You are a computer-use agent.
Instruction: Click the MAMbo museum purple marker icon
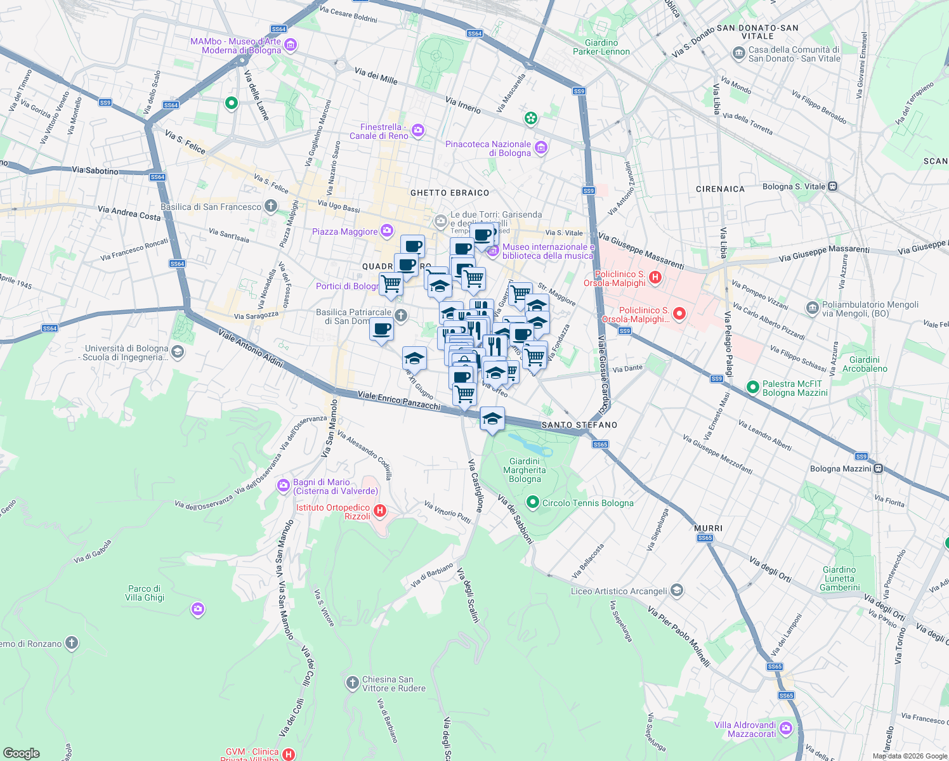click(x=291, y=45)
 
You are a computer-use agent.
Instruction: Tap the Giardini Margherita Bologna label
click(x=525, y=471)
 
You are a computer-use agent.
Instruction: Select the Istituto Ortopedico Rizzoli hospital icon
click(x=379, y=511)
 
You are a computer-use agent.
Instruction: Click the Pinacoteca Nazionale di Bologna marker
click(x=541, y=148)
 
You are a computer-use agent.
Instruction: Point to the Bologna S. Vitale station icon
click(x=833, y=186)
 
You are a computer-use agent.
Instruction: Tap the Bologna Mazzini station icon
click(x=878, y=469)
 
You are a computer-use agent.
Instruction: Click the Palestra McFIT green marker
click(x=753, y=387)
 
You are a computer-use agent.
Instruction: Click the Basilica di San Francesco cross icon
click(x=271, y=205)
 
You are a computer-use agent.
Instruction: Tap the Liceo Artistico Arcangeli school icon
click(x=677, y=590)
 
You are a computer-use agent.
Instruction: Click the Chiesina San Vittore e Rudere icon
click(x=352, y=683)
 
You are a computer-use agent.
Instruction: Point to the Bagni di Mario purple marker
click(x=283, y=486)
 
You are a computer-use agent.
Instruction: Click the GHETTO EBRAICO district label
click(x=450, y=193)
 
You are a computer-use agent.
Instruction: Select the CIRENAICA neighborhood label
click(x=720, y=189)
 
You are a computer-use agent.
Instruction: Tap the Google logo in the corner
click(x=21, y=753)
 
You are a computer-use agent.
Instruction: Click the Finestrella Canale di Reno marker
click(x=418, y=131)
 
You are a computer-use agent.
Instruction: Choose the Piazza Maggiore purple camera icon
click(x=387, y=231)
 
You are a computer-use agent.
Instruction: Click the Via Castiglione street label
click(x=476, y=486)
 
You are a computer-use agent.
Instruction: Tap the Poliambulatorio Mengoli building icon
click(x=812, y=308)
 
